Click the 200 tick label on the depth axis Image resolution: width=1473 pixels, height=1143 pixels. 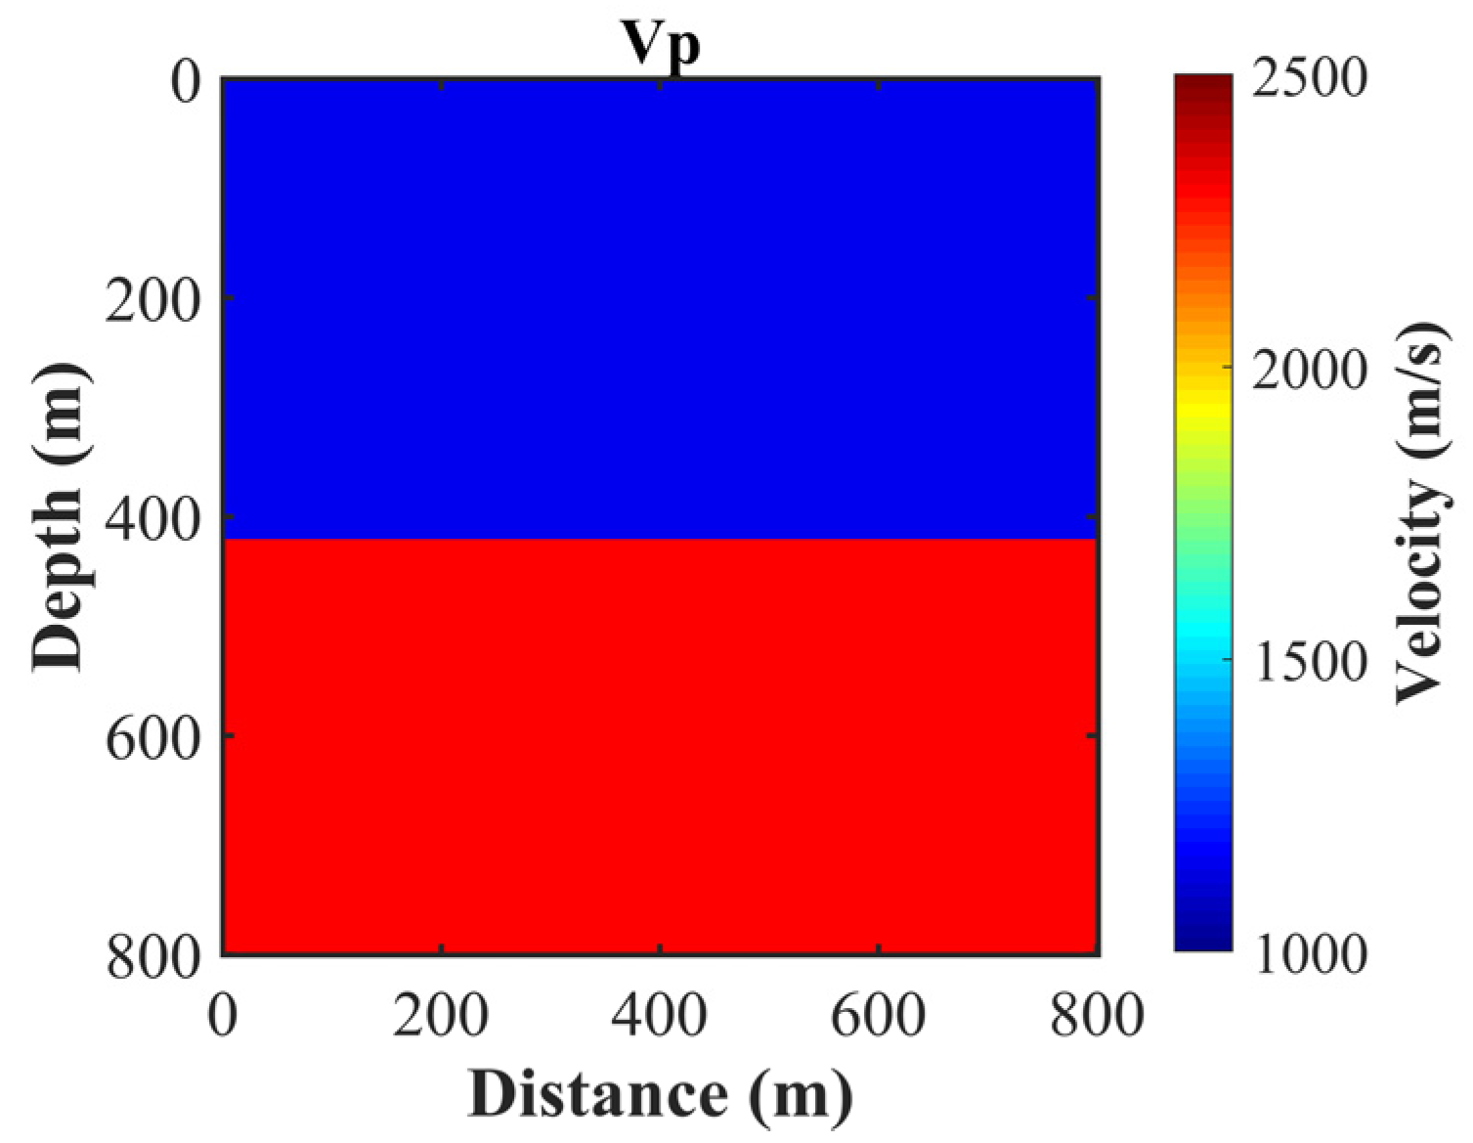click(x=152, y=299)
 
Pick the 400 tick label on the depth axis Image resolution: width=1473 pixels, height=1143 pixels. click(x=152, y=518)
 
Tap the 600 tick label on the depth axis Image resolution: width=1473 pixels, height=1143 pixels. click(x=152, y=737)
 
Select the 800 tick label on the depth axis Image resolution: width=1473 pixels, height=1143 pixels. click(x=152, y=955)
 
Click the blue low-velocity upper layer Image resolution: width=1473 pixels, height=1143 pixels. click(x=661, y=308)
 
